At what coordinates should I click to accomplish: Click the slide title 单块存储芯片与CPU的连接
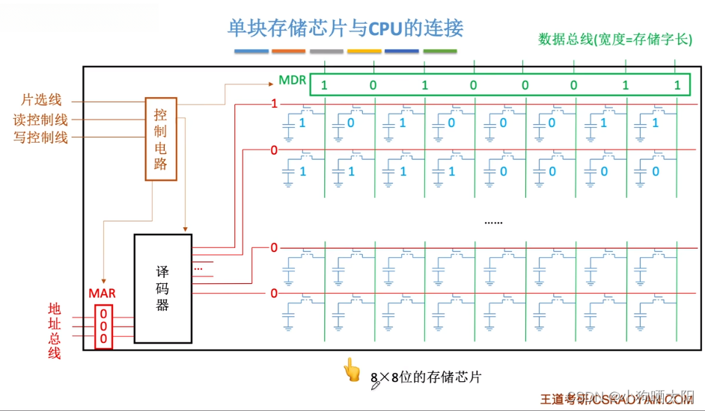click(x=345, y=28)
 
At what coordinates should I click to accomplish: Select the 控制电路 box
click(x=161, y=139)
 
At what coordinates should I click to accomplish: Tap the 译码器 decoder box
click(x=162, y=288)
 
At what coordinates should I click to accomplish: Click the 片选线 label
click(x=41, y=99)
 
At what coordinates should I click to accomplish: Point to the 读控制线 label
click(x=40, y=119)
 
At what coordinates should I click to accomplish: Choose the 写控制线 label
click(x=40, y=137)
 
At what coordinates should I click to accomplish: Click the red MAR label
click(x=103, y=294)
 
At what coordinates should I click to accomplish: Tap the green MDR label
click(x=292, y=80)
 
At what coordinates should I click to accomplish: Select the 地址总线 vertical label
click(x=55, y=330)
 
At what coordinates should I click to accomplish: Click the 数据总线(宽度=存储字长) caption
click(x=615, y=40)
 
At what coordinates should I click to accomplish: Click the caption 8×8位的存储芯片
click(x=426, y=377)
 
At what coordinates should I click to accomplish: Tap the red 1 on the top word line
click(x=274, y=104)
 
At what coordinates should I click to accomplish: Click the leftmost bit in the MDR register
click(x=324, y=85)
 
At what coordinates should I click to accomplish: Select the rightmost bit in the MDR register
click(x=677, y=85)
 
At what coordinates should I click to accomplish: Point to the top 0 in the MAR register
click(x=103, y=314)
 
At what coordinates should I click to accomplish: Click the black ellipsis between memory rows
click(x=493, y=222)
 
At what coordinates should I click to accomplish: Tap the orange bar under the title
click(x=288, y=52)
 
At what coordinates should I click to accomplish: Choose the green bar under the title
click(x=439, y=52)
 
